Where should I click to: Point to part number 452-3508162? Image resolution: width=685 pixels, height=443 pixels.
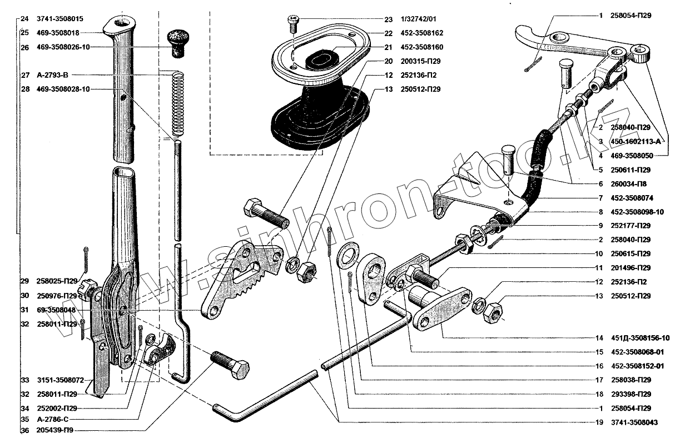pyautogui.click(x=420, y=33)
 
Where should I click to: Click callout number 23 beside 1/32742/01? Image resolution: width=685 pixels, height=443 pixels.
pyautogui.click(x=388, y=19)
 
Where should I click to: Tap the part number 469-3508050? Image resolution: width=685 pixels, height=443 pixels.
pyautogui.click(x=632, y=156)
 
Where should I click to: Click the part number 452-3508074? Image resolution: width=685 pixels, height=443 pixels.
pyautogui.click(x=632, y=198)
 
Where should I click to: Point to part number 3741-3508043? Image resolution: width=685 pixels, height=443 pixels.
pyautogui.click(x=634, y=422)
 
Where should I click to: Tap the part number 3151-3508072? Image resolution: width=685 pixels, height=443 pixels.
pyautogui.click(x=60, y=381)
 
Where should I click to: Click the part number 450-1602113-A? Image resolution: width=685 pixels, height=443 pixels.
pyautogui.click(x=636, y=142)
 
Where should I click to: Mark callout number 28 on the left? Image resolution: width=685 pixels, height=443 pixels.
pyautogui.click(x=25, y=89)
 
